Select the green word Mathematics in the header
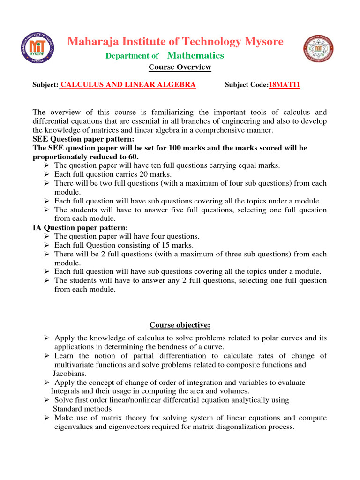pos(195,56)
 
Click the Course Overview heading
pos(180,67)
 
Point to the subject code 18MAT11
pos(284,85)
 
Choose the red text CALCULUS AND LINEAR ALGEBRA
pos(128,85)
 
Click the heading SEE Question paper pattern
pos(83,139)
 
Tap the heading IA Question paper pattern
pos(80,228)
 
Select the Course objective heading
pos(180,325)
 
